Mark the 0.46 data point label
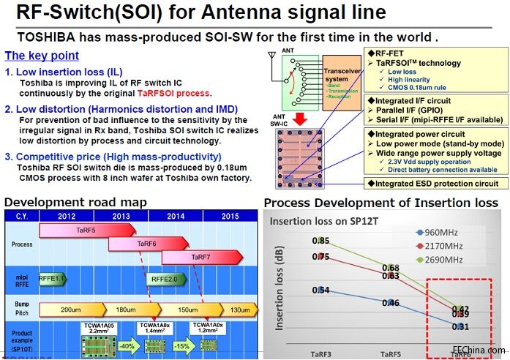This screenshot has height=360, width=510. (391, 303)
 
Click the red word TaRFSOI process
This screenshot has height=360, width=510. (173, 93)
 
